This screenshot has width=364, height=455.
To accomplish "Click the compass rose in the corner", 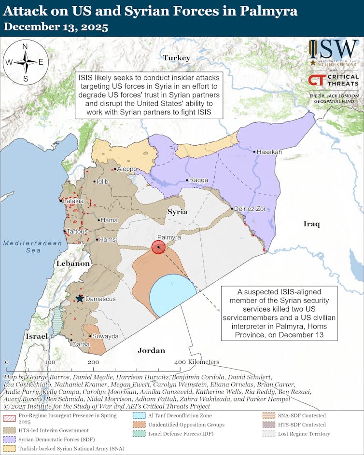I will [x=25, y=62].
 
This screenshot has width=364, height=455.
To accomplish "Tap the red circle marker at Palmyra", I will [x=158, y=248].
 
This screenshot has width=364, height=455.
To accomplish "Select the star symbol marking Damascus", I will [x=79, y=299].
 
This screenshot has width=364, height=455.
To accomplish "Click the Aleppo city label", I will [x=127, y=169].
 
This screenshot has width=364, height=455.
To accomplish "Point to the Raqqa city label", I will [x=198, y=180].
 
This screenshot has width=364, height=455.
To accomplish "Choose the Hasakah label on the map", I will [x=269, y=152].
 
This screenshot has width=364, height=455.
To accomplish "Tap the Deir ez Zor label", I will [x=250, y=209].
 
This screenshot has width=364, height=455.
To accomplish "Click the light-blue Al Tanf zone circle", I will [x=173, y=296].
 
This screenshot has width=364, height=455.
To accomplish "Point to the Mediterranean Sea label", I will [x=33, y=247].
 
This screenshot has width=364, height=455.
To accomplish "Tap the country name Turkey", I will [x=176, y=58].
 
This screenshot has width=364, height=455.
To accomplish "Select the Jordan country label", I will [x=151, y=350].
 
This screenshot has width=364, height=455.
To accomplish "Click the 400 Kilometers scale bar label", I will [x=197, y=362].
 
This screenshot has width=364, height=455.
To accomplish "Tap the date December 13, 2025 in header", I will [x=56, y=27].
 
